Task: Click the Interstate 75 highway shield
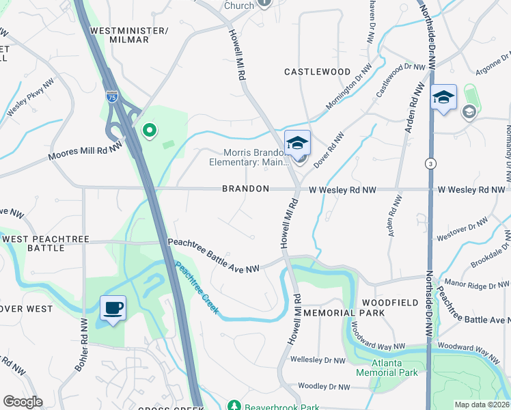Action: tap(112, 96)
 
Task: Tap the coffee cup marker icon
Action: tap(112, 307)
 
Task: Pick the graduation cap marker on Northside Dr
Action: tap(443, 98)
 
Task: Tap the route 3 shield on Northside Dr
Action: tap(430, 163)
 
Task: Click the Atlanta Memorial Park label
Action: tap(387, 368)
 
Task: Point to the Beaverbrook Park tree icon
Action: tap(235, 406)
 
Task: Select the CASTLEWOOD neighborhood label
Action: tap(317, 72)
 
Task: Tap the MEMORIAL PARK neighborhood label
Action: tap(344, 313)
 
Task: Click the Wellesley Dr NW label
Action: tap(318, 359)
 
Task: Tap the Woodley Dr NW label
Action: tap(324, 387)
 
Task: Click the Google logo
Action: tap(23, 402)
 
